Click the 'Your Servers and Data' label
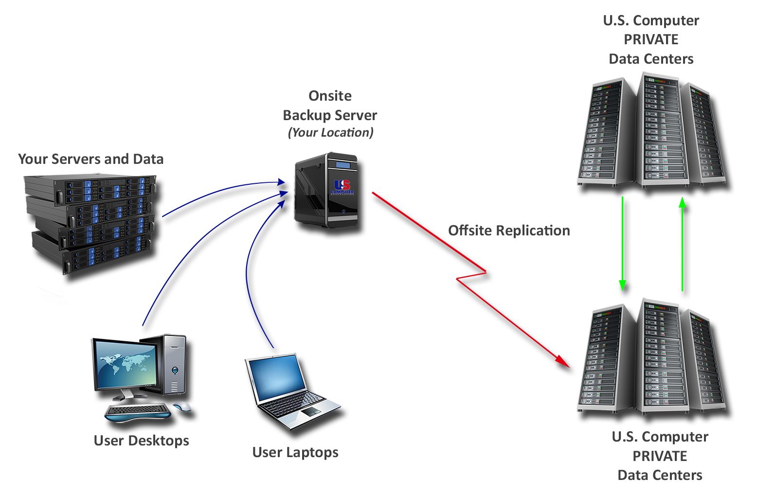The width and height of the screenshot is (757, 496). pos(90,159)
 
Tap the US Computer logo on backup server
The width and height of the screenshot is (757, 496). pos(342,187)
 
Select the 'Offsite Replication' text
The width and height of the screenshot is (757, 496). pos(508,230)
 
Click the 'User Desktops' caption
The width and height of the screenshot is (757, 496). pos(141,441)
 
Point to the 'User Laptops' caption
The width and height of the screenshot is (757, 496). pos(295,452)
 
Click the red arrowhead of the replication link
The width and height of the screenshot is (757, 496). pos(563,361)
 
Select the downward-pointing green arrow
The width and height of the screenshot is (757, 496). pos(622,243)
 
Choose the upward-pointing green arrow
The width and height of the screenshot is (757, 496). pos(683,243)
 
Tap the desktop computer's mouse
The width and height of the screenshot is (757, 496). pos(182,407)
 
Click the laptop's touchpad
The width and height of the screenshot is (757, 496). pos(310,412)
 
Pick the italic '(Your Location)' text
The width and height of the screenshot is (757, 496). pos(330,132)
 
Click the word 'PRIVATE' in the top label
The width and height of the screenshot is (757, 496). pos(650,39)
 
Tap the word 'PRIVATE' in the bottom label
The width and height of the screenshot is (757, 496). pos(659,456)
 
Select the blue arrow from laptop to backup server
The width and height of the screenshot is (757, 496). pos(251,272)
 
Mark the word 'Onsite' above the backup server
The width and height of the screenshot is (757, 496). pos(330,96)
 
